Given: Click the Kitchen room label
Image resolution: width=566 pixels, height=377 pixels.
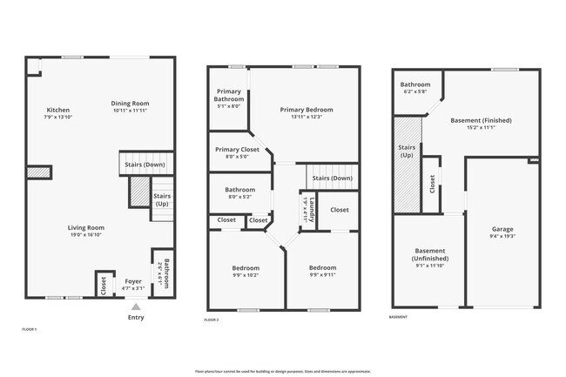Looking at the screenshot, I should click(58, 111).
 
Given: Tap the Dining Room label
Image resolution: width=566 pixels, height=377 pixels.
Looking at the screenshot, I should click(130, 104).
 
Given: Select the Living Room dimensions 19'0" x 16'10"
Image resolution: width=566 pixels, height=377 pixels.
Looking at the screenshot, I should click(86, 234).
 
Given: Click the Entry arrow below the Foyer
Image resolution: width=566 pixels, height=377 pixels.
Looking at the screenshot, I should click(135, 306).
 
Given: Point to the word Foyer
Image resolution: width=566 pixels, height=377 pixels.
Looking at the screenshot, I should click(133, 281).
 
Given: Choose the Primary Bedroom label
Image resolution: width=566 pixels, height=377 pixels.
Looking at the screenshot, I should click(306, 110).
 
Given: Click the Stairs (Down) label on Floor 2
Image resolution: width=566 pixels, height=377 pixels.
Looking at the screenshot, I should click(332, 178).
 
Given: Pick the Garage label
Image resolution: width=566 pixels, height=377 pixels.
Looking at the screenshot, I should click(502, 229).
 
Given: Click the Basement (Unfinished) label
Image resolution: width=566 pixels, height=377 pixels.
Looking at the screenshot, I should click(430, 254).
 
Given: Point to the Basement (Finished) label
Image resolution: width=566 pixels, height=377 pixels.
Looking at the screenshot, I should click(481, 120).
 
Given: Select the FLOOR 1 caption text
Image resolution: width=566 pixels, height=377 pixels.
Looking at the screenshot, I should click(30, 329).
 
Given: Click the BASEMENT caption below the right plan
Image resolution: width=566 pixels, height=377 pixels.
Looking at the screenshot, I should click(399, 317).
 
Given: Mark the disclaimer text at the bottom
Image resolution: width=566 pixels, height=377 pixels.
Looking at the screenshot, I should click(282, 370).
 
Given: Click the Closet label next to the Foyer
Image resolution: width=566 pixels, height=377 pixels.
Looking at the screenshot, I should click(104, 284).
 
